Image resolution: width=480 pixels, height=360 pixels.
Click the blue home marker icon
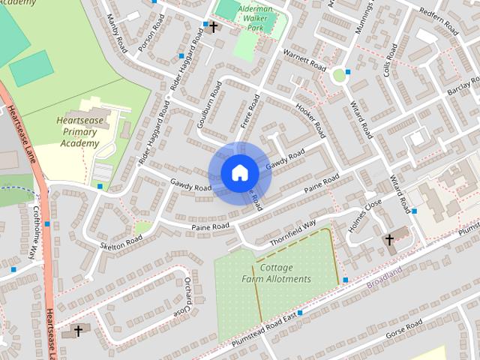[x=240, y=172]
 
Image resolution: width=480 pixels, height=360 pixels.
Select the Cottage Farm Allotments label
[x=275, y=273]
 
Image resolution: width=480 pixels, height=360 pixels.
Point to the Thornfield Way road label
[x=293, y=234]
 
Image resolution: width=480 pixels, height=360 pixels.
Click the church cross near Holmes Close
[x=389, y=240]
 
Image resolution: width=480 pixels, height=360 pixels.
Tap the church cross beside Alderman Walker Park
[x=214, y=27]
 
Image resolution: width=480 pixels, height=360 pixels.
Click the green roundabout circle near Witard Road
[x=339, y=75]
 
